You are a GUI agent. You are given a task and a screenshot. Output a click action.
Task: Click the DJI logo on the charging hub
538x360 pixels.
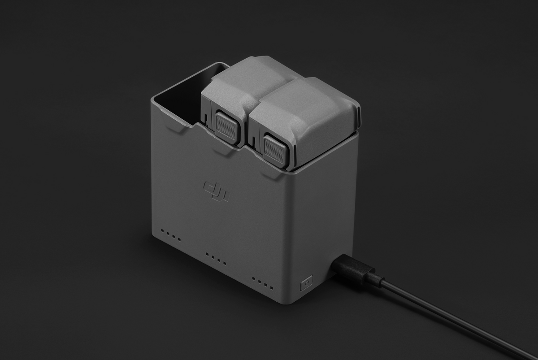click(217, 191)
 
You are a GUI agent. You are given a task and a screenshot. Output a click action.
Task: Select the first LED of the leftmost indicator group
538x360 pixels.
click(163, 232)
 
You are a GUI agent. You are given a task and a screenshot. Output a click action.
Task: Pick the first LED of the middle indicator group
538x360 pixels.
click(208, 254)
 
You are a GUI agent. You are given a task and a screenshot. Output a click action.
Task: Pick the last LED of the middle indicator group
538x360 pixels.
click(224, 262)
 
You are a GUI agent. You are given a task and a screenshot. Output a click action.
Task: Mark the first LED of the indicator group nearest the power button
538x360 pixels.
click(254, 278)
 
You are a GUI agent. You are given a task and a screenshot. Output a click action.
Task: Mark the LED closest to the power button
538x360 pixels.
click(271, 286)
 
